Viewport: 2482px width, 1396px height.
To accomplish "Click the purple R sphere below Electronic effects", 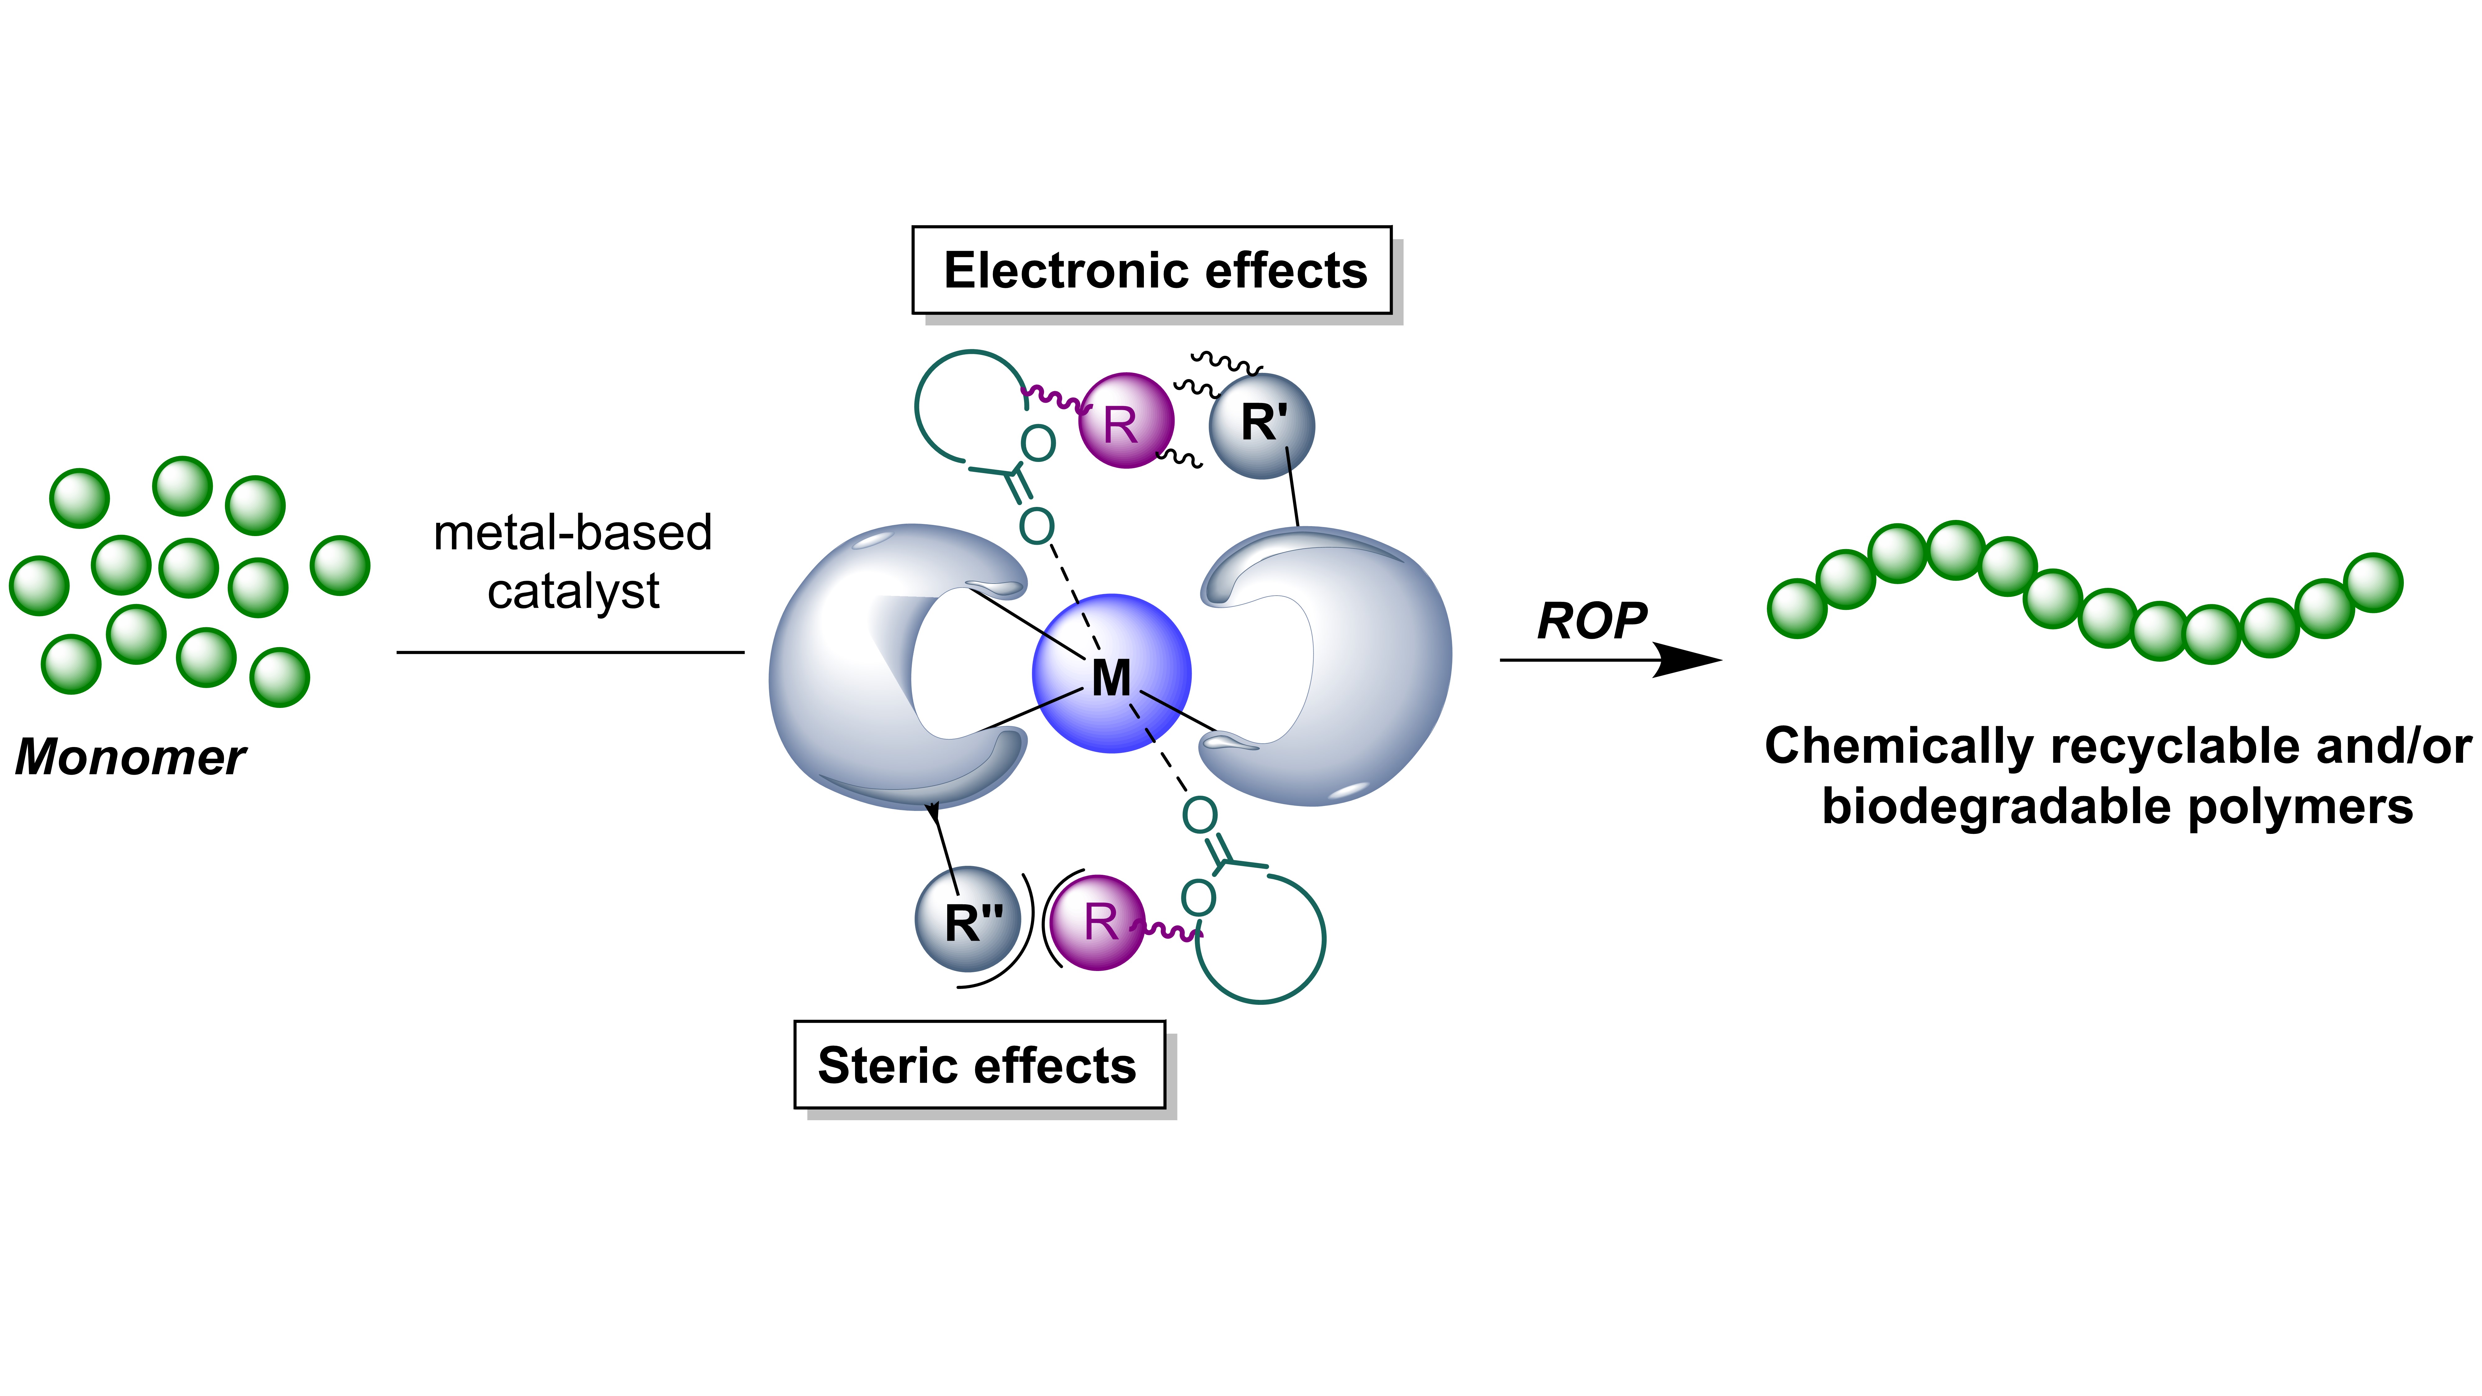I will pos(1125,421).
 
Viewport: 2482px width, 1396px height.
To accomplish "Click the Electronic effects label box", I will pos(1152,271).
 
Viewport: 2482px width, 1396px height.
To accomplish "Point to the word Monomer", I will pos(130,757).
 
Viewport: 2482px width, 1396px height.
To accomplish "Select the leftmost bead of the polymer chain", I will pos(1797,609).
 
